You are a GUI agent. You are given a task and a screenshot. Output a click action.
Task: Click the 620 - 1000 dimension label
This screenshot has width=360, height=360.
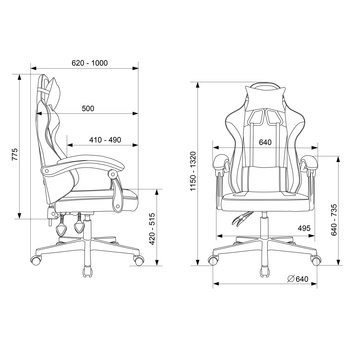click(90, 63)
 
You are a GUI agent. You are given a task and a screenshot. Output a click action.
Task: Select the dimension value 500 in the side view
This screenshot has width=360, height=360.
click(88, 108)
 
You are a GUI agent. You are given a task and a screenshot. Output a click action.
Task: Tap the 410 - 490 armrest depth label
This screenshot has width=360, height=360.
click(105, 140)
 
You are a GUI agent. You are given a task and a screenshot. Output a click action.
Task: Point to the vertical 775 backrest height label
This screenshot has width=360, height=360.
click(15, 154)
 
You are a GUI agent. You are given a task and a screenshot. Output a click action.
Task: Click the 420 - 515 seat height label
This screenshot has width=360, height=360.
click(152, 229)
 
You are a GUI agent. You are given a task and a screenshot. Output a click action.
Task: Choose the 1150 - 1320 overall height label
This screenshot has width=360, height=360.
click(194, 171)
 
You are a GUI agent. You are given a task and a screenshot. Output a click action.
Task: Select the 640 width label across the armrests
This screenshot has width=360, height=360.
click(265, 142)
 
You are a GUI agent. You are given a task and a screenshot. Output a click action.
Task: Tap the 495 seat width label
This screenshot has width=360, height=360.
click(304, 228)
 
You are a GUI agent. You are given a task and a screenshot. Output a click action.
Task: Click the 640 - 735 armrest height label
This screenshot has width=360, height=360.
click(334, 220)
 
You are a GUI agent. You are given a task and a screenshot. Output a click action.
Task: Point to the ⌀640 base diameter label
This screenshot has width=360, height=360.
click(297, 279)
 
